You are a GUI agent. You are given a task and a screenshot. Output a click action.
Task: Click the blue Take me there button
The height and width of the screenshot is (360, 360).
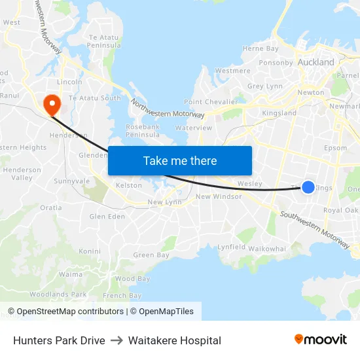180,161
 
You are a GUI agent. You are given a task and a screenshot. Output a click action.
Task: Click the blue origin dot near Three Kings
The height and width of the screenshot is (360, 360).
308,188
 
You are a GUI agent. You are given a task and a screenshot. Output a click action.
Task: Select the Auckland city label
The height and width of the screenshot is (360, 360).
315,63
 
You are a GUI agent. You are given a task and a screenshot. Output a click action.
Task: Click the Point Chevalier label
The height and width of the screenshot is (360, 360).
211,102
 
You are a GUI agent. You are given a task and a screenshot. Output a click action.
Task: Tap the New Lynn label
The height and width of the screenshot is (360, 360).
164,202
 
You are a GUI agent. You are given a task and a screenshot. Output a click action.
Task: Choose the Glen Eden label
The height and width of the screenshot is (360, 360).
107,216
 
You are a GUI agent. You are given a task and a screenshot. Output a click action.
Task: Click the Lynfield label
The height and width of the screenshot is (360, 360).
231,247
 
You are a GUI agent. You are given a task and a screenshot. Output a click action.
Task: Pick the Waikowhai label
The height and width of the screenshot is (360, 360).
267,249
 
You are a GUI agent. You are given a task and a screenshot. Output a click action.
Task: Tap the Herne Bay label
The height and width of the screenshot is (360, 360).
261,48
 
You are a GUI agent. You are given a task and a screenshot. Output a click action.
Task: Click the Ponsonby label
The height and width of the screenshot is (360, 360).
276,63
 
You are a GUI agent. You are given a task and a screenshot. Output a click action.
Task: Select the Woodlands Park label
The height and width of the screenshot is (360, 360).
58,295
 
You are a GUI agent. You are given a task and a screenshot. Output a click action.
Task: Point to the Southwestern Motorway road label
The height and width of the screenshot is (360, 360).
315,230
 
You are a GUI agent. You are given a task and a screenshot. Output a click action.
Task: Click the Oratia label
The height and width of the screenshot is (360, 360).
50,207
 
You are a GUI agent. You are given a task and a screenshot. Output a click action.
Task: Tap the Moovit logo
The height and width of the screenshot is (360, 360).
320,340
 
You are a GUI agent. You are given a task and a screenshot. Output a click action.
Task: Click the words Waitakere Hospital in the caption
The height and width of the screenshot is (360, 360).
175,340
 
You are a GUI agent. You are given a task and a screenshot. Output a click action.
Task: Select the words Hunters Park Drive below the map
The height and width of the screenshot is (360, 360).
59,340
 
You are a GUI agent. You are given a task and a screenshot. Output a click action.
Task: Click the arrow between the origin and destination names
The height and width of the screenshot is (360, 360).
117,340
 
